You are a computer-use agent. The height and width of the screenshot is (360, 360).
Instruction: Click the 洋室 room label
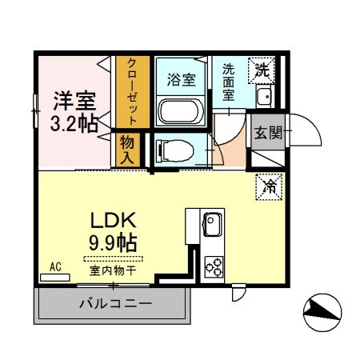74,102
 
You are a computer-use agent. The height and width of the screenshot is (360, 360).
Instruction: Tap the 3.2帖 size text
74,123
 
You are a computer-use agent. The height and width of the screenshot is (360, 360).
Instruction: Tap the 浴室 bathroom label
181,79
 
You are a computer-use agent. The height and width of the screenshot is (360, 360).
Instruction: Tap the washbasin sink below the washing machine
265,98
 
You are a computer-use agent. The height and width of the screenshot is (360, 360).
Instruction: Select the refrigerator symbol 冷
268,186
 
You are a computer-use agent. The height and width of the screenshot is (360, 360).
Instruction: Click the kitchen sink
212,225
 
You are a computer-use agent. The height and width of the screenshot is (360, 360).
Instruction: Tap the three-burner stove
214,265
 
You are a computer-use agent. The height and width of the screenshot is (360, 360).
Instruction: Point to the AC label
56,266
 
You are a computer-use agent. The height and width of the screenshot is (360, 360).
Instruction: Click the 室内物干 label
112,270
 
